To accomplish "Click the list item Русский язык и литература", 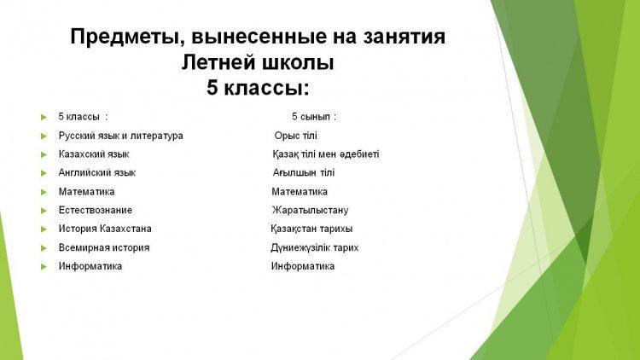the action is click(121, 136).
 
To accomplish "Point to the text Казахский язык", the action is click(94, 154).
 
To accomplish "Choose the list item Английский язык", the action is click(97, 172).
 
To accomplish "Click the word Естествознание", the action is click(96, 210).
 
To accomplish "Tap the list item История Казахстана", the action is click(105, 229).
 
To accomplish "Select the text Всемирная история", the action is click(104, 247).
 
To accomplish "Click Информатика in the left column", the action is click(90, 266).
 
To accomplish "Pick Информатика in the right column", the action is click(303, 266).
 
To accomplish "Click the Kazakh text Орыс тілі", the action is click(295, 136).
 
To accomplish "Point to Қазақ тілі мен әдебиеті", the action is click(326, 154).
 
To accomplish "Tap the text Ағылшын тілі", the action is click(304, 172).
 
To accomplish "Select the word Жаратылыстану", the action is click(311, 210).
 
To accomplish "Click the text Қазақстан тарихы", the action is click(311, 229).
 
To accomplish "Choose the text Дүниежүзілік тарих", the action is click(315, 247).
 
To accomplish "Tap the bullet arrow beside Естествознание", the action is click(44, 211).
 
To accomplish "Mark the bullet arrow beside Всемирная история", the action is click(44, 247).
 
